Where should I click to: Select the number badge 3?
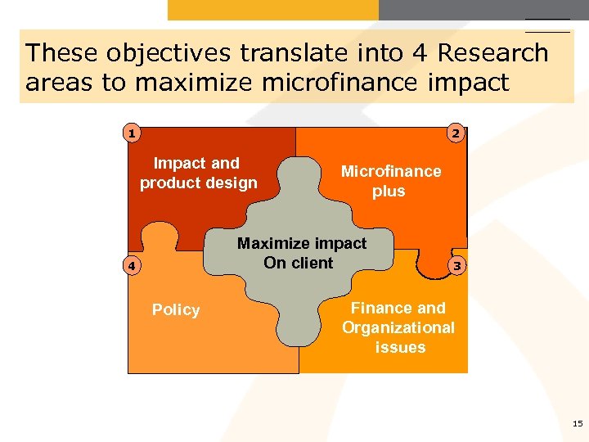pyautogui.click(x=457, y=266)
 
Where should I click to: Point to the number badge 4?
pyautogui.click(x=129, y=266)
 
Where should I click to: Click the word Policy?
pyautogui.click(x=176, y=309)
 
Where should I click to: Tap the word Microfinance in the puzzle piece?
pyautogui.click(x=390, y=171)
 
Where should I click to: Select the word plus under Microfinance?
pyautogui.click(x=389, y=192)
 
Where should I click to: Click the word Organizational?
pyautogui.click(x=398, y=327)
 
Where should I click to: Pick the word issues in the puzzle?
pyautogui.click(x=400, y=347)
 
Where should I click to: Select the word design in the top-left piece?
pyautogui.click(x=232, y=183)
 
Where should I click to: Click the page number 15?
pyautogui.click(x=578, y=423)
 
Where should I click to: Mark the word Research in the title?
pyautogui.click(x=493, y=53)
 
